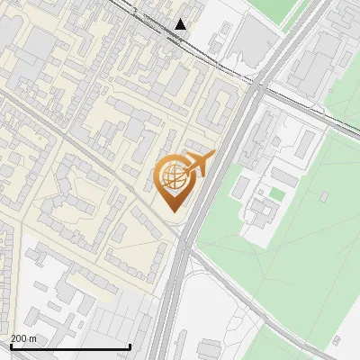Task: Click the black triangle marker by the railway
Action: pyautogui.click(x=181, y=23)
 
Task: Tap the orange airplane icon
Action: pyautogui.click(x=201, y=164)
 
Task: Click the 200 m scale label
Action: pyautogui.click(x=24, y=338)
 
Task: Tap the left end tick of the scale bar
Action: pyautogui.click(x=10, y=346)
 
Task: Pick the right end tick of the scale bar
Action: pyautogui.click(x=130, y=346)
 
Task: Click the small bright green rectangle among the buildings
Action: pyautogui.click(x=277, y=194)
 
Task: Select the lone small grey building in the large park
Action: pyautogui.click(x=335, y=340)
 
